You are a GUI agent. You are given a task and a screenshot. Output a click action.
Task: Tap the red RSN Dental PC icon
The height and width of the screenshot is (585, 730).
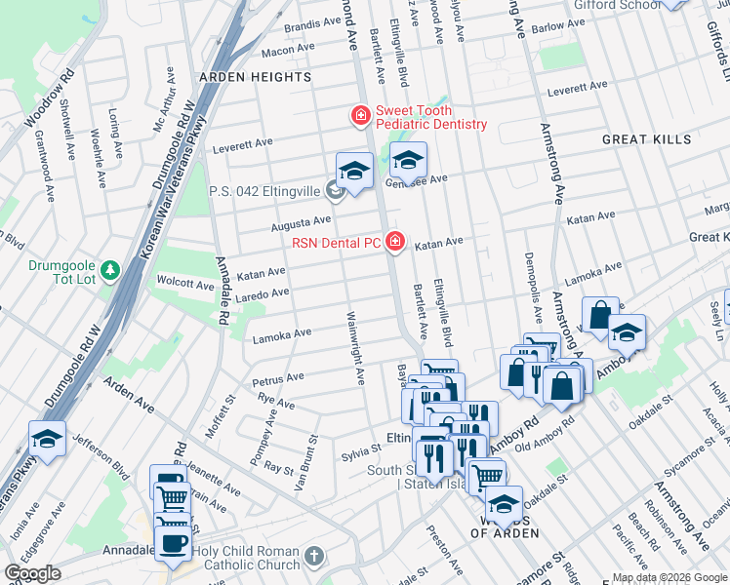[x=395, y=241]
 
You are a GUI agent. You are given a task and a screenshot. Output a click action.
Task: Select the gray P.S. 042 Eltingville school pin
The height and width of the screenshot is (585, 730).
[x=336, y=191]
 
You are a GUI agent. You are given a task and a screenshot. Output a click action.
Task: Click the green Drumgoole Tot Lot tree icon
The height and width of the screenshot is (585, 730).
[x=112, y=269]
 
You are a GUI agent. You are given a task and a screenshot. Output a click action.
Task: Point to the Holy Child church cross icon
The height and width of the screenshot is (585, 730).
[x=312, y=557]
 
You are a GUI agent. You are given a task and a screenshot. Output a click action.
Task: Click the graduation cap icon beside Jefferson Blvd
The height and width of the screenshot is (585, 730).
[x=47, y=440]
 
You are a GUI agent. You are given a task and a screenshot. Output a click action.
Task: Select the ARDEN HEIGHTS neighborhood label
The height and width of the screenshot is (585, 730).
[x=255, y=77]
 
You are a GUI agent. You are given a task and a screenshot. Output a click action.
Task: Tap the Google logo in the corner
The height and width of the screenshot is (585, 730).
[x=32, y=574]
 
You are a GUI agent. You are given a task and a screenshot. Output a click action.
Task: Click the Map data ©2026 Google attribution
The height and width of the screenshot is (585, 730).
[x=669, y=577]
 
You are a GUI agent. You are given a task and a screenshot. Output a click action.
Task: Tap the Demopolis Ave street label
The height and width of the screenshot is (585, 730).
[x=532, y=288]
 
